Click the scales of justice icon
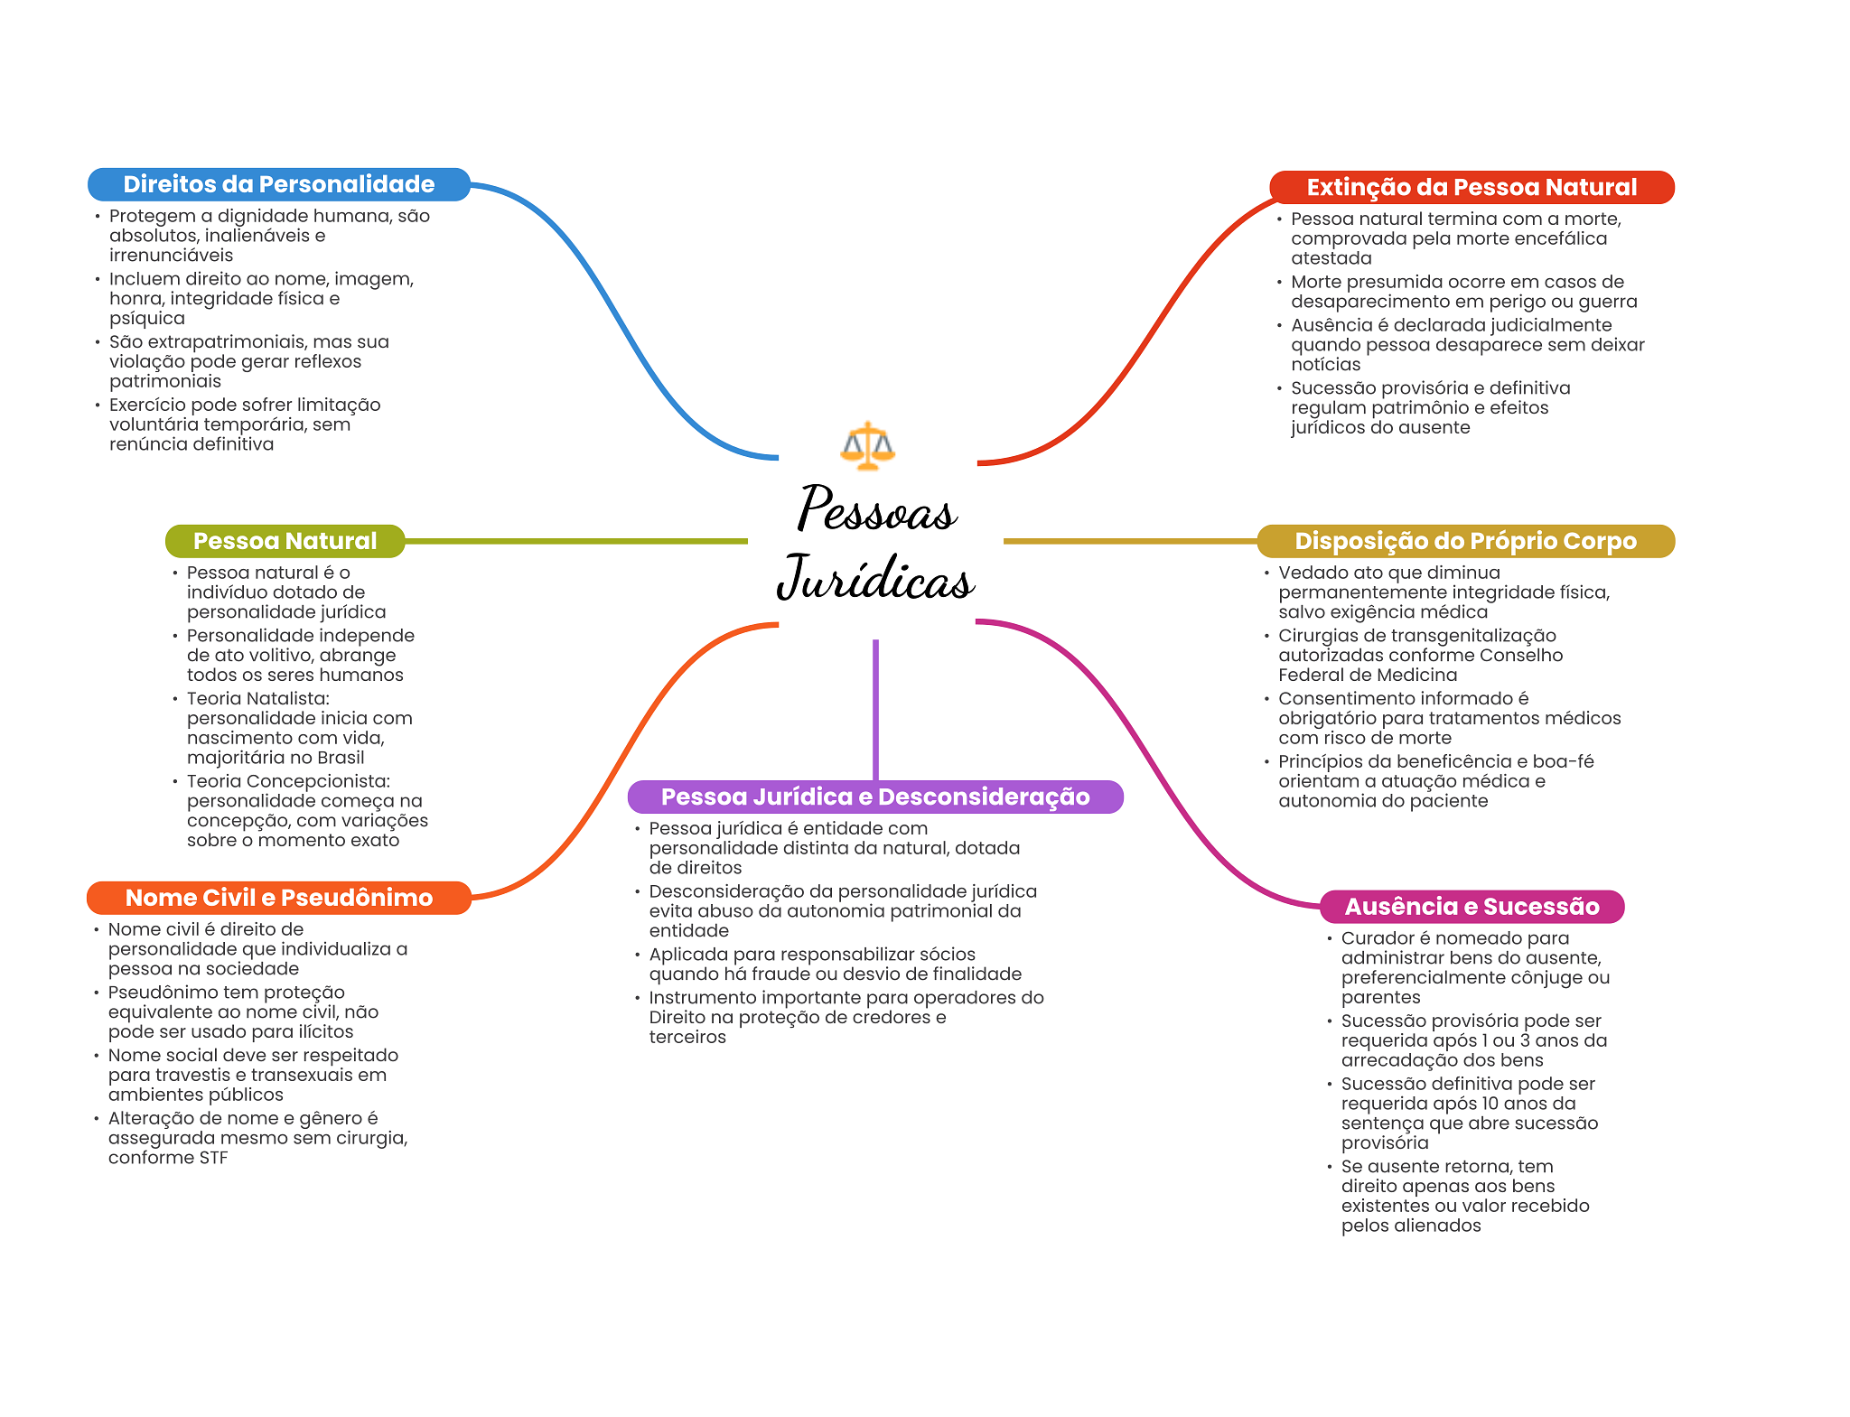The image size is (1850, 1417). pyautogui.click(x=867, y=445)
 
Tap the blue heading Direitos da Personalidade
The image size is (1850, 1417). pyautogui.click(x=278, y=184)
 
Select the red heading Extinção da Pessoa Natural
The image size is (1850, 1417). pyautogui.click(x=1472, y=187)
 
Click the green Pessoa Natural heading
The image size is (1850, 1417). pyautogui.click(x=285, y=541)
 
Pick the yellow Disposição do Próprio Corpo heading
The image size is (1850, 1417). pyautogui.click(x=1465, y=541)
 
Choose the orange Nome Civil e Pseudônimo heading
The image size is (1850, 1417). pyautogui.click(x=278, y=898)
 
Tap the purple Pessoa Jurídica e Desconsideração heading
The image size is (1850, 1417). pyautogui.click(x=875, y=797)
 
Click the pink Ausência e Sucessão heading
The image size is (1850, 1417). pyautogui.click(x=1472, y=907)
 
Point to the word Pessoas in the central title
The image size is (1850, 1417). pyautogui.click(x=876, y=508)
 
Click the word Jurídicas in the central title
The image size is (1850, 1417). pyautogui.click(x=875, y=578)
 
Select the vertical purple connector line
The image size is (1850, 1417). pyautogui.click(x=875, y=710)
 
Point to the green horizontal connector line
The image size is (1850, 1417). pyautogui.click(x=576, y=541)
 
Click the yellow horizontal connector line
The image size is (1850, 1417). pyautogui.click(x=1130, y=541)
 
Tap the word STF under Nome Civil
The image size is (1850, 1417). pyautogui.click(x=213, y=1158)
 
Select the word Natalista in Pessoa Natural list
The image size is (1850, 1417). pyautogui.click(x=285, y=699)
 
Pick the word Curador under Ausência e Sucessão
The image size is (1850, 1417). pyautogui.click(x=1375, y=938)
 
